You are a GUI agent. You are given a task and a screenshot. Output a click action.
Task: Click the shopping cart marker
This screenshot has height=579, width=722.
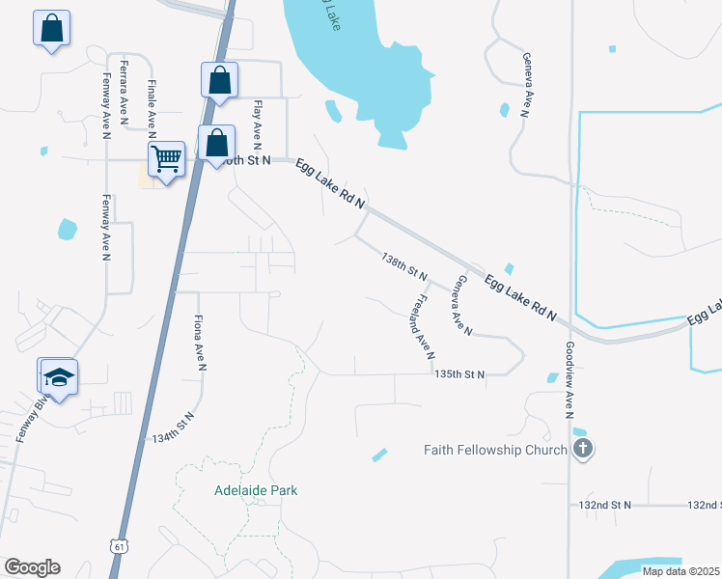click(167, 159)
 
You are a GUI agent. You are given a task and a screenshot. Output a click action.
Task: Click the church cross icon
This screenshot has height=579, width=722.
click(582, 449)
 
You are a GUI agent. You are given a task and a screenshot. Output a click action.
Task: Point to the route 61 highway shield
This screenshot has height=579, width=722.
click(118, 546)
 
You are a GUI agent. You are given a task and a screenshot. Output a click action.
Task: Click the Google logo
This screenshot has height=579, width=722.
click(32, 567)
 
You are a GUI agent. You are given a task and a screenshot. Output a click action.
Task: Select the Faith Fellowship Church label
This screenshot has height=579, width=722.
click(496, 450)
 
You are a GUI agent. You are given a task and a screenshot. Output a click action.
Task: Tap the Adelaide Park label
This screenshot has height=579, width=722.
click(256, 490)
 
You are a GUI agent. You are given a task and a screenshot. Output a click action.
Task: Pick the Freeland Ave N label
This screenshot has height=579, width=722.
click(422, 327)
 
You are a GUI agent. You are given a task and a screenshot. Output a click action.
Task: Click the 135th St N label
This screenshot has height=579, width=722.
click(458, 373)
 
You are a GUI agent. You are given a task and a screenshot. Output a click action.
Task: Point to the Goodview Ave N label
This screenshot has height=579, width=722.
click(569, 377)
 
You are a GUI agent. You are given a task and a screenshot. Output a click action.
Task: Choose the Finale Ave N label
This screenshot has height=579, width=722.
click(152, 103)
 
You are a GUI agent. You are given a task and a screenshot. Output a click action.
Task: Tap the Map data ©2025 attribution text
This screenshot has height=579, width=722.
click(680, 571)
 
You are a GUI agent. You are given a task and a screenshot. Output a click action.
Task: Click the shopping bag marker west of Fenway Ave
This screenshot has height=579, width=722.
click(51, 28)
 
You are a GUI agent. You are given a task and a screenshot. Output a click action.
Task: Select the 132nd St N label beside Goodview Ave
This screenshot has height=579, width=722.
click(605, 505)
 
